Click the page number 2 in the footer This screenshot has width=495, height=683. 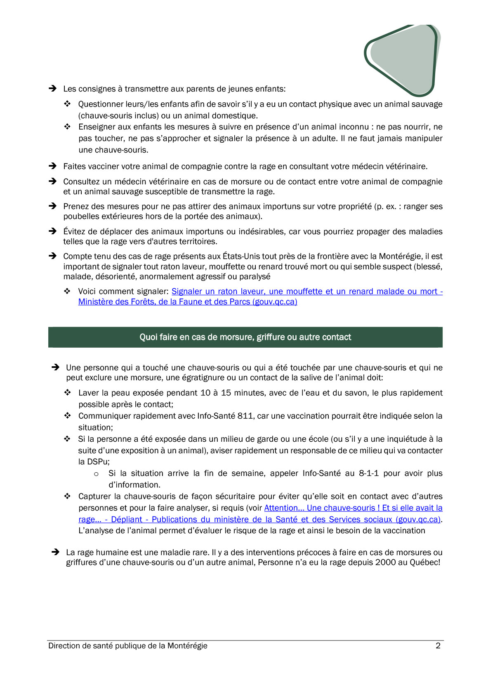(438, 646)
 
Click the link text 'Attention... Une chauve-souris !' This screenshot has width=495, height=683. (322, 508)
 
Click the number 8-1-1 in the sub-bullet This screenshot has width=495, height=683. (368, 473)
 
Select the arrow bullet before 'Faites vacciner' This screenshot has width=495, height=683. (53, 166)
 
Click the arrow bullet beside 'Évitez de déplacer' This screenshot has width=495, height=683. (53, 231)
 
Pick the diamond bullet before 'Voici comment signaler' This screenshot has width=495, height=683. (67, 292)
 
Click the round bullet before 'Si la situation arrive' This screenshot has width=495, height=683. (97, 474)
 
